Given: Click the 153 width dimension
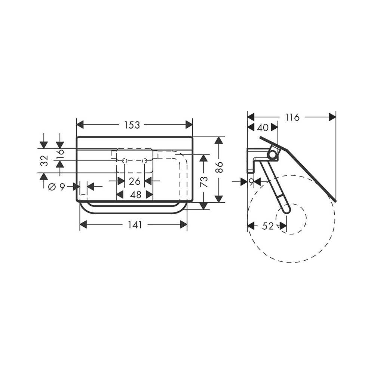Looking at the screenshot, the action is (x=132, y=125).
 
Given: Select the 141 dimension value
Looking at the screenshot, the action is (x=135, y=225).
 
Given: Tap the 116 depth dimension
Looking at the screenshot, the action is (x=292, y=117).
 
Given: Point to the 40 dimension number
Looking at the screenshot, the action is (x=263, y=128).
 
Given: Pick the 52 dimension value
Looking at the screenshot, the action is (x=268, y=226).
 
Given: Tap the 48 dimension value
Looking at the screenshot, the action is (x=136, y=195).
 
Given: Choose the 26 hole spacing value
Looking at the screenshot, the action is (x=135, y=181).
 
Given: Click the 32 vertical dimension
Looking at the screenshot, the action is (x=45, y=160).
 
